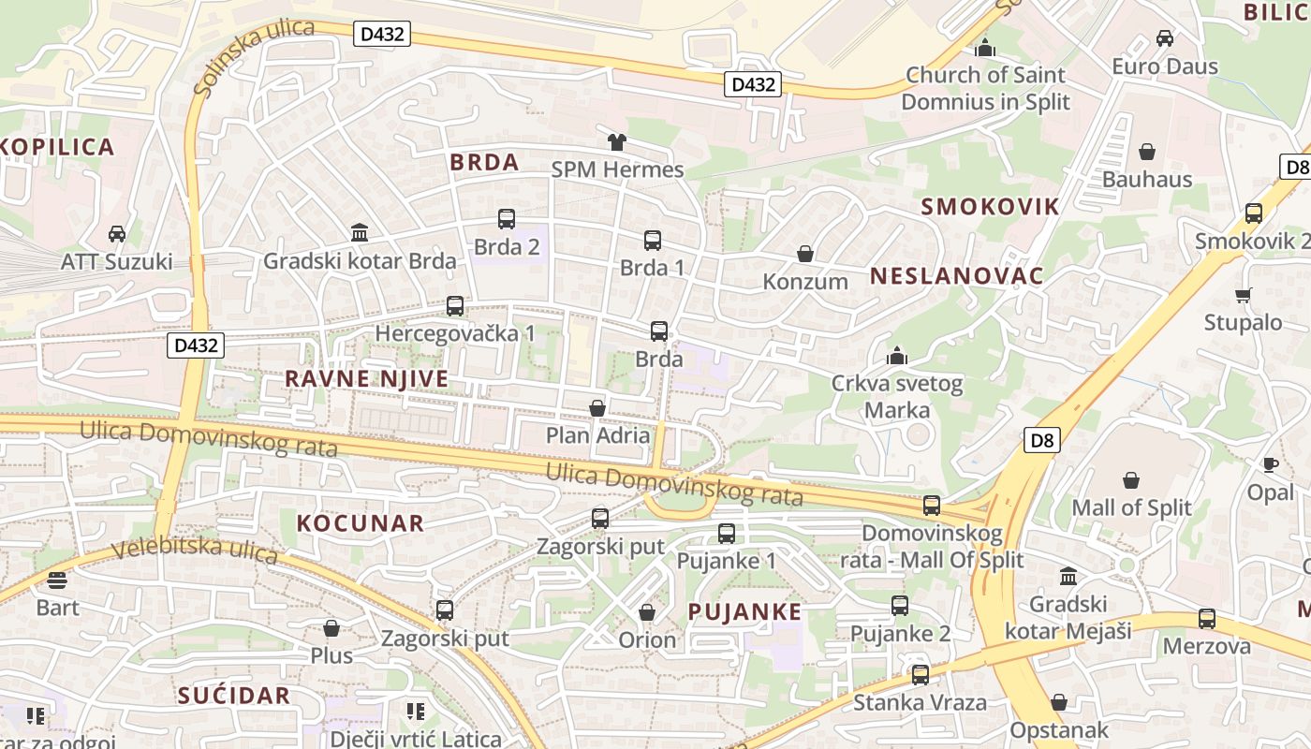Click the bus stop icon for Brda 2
point(507,219)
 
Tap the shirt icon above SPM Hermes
point(616,142)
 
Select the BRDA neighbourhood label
point(484,162)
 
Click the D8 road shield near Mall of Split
point(1040,440)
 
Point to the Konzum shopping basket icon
point(804,254)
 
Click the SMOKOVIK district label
point(990,207)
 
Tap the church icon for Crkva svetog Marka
point(897,356)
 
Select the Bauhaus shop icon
point(1147,152)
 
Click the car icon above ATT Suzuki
point(117,233)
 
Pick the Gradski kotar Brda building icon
point(360,232)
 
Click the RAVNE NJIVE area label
point(366,379)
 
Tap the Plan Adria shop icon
point(597,408)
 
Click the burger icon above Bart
point(57,580)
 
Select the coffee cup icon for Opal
point(1270,464)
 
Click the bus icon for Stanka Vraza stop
point(920,674)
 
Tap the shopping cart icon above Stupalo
point(1243,296)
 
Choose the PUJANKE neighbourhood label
point(744,612)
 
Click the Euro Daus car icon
point(1165,38)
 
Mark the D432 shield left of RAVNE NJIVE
point(197,345)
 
